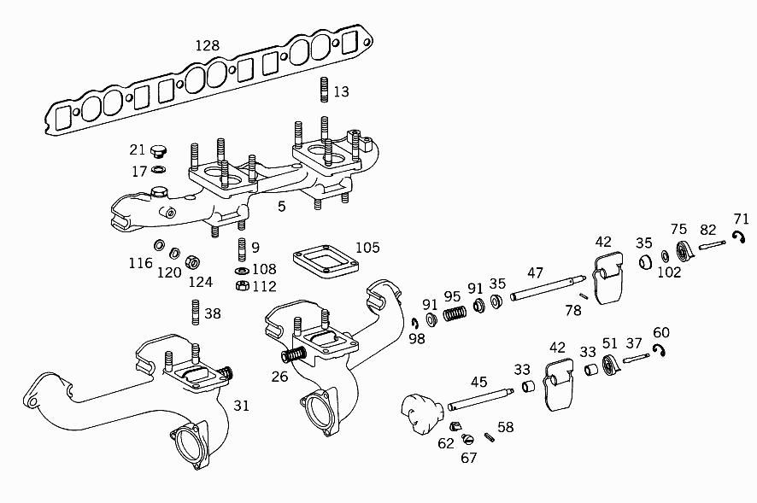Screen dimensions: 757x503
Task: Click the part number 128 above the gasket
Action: point(207,45)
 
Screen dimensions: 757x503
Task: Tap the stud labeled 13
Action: point(324,90)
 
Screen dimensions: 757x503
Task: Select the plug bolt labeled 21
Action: point(157,151)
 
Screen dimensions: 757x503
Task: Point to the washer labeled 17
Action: point(158,169)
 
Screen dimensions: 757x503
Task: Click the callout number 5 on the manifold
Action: point(281,207)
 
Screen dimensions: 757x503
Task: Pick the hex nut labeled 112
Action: point(243,285)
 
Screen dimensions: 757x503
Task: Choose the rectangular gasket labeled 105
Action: point(326,262)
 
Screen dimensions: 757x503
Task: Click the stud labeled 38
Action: point(196,313)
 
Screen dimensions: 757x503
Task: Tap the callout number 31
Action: point(242,406)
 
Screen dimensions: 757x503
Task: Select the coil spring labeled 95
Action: point(455,313)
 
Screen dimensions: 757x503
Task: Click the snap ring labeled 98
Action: point(414,323)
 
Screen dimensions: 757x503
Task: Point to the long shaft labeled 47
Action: point(548,288)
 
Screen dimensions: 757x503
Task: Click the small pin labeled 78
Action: point(584,296)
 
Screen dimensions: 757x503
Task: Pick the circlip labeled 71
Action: point(739,237)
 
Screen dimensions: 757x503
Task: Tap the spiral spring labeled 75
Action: point(684,251)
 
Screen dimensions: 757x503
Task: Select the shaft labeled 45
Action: point(480,399)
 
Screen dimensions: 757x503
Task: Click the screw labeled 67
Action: point(467,439)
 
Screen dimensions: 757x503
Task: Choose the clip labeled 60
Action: point(659,350)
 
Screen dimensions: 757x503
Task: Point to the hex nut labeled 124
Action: point(192,262)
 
